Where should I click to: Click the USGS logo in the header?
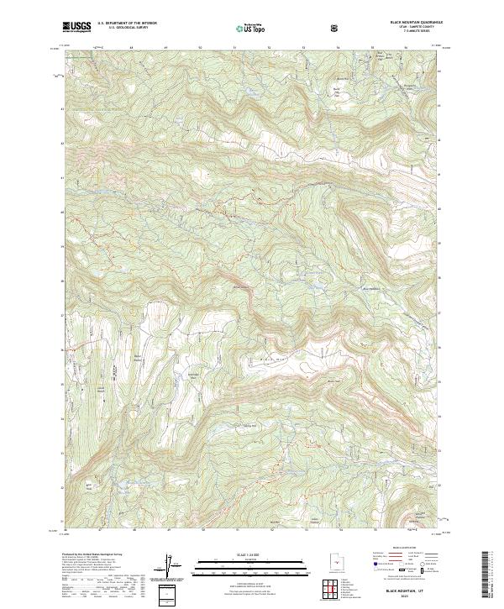[x=76, y=27]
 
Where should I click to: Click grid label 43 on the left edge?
[x=61, y=108]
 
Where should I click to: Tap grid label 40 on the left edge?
[x=61, y=212]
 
